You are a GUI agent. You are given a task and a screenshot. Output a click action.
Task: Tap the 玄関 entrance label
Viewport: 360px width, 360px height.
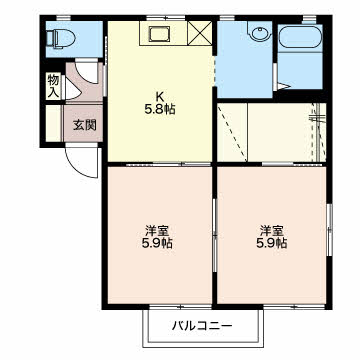tap(84, 125)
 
